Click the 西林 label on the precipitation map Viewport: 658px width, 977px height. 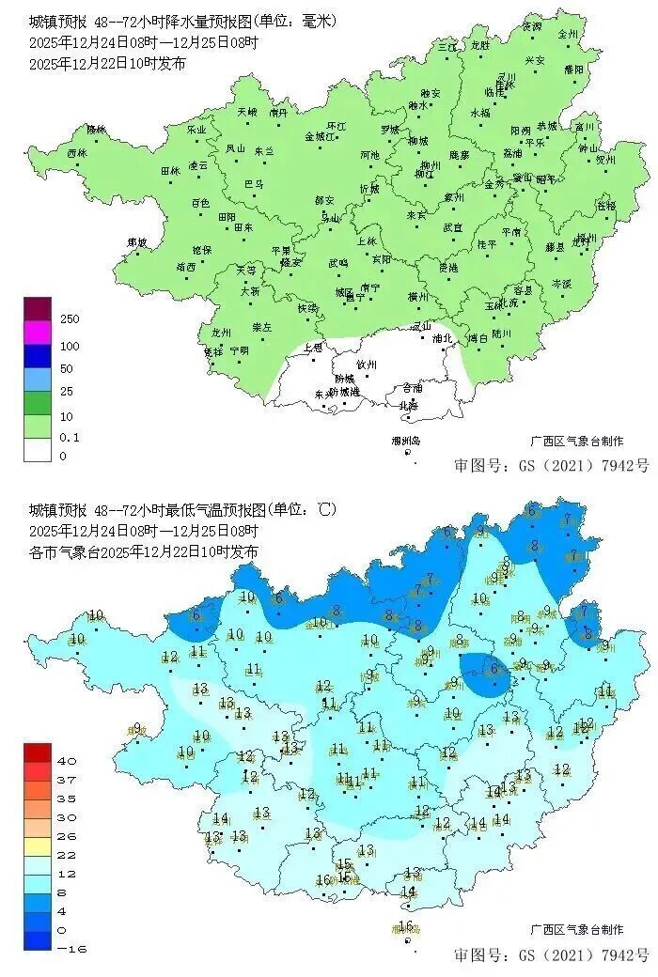[x=76, y=152]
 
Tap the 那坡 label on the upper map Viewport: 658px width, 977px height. [x=137, y=242]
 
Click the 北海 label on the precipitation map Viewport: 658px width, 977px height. [x=409, y=405]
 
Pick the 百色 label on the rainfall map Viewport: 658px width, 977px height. [x=200, y=202]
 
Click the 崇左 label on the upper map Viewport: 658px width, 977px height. [x=261, y=327]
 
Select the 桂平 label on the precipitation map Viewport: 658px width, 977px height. [x=487, y=244]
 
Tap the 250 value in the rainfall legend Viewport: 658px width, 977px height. [x=70, y=319]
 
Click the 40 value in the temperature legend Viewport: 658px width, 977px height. [x=68, y=760]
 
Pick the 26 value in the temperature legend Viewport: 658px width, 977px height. [x=68, y=835]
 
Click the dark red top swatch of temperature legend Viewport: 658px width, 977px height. [x=39, y=752]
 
